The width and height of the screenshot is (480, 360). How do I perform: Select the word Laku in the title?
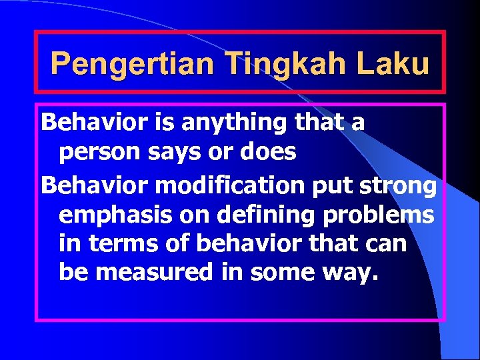click(393, 65)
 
